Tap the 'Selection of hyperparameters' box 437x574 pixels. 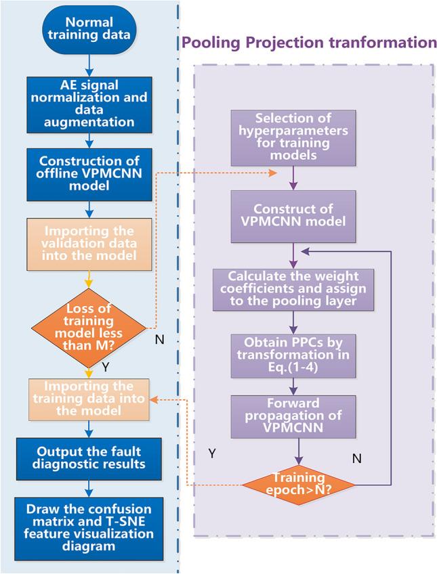point(293,137)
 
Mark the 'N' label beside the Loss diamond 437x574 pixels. point(159,338)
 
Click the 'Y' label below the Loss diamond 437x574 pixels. point(106,366)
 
